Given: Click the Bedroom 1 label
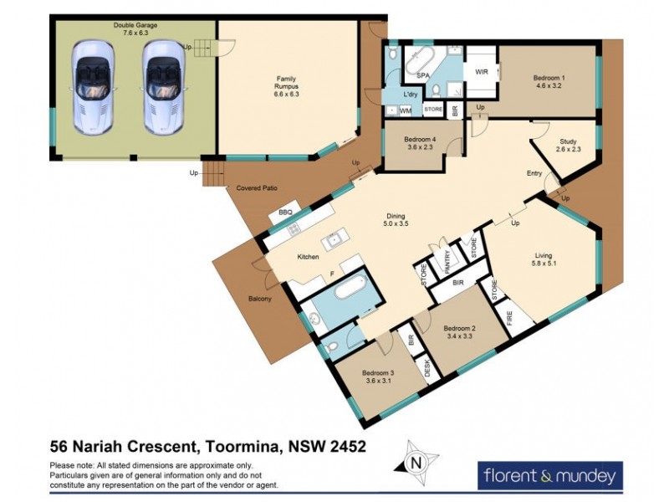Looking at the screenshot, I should (549, 83).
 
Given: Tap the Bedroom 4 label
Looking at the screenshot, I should (421, 143).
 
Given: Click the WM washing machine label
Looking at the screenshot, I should (405, 110).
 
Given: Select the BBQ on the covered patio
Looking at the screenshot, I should (285, 214).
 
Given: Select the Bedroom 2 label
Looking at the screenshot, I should (459, 332).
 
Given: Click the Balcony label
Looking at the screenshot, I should (260, 300).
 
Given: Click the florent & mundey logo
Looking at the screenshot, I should (549, 475).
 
